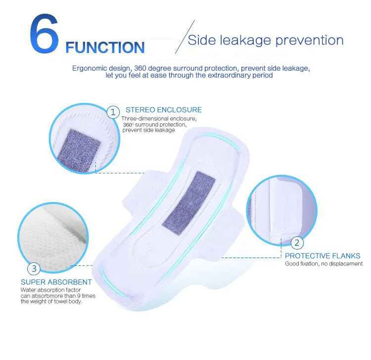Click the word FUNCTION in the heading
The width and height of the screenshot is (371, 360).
pos(105,48)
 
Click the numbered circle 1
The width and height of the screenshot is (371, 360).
pos(114,111)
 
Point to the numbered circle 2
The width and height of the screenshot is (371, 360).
pos(297,243)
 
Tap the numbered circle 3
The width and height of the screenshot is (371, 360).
pos(34,269)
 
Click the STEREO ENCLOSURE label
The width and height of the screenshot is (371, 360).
pos(164,110)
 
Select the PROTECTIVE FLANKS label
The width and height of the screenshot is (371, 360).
pos(323,256)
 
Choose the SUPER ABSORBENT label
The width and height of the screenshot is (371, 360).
pos(56,282)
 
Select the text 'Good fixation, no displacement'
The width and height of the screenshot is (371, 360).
pos(324,263)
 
